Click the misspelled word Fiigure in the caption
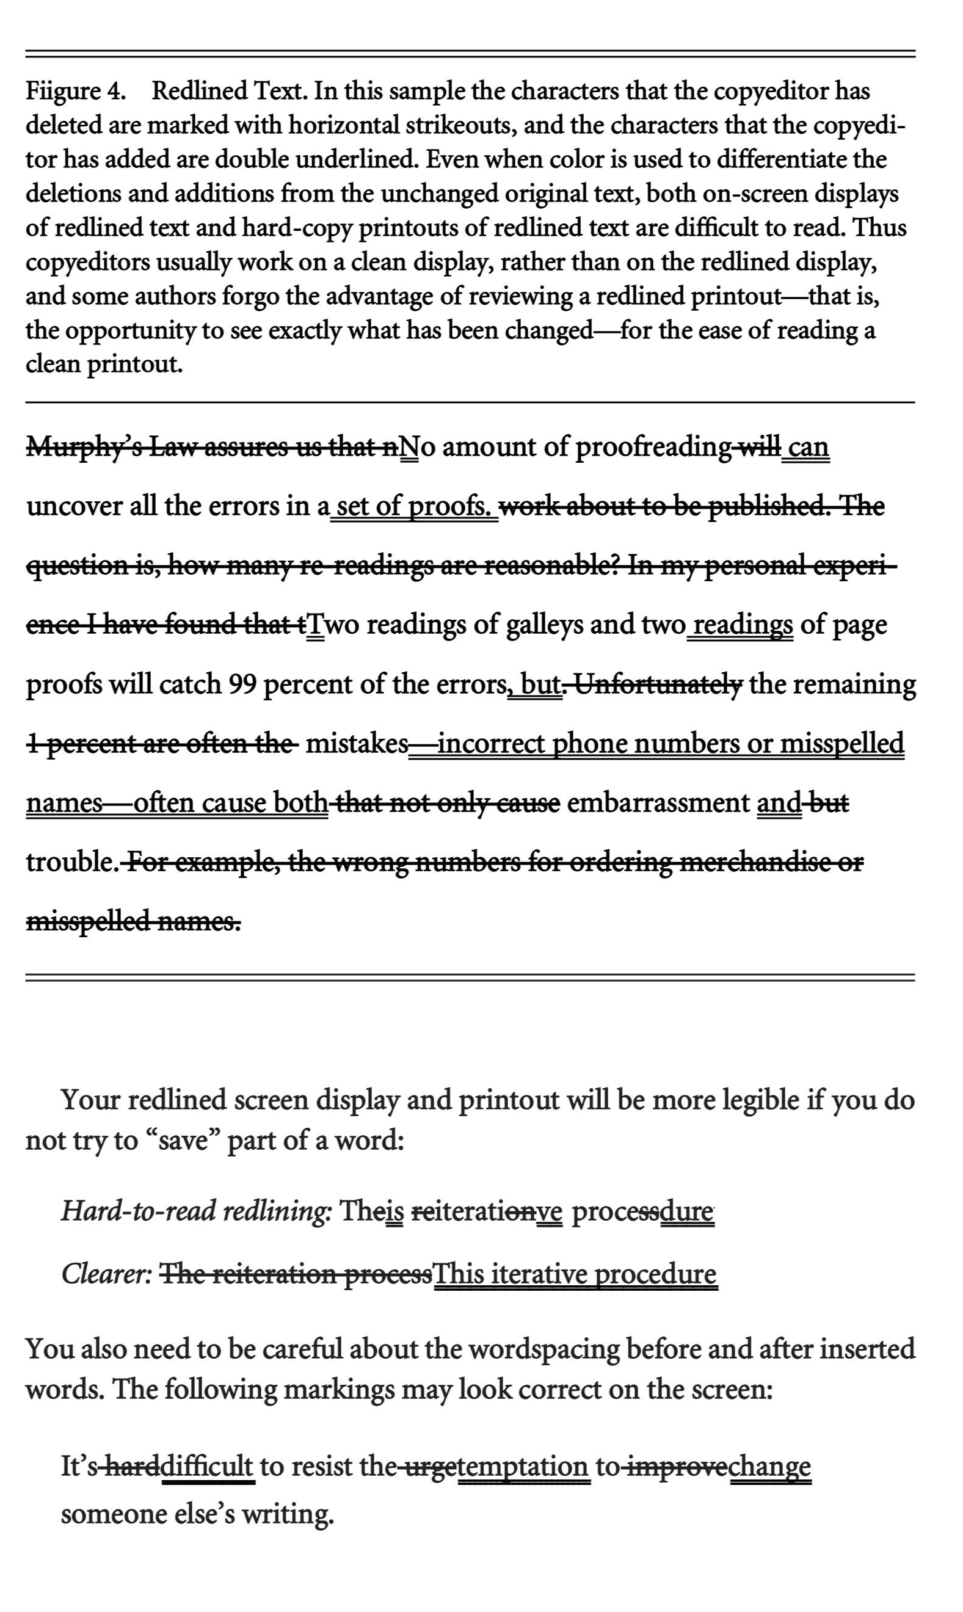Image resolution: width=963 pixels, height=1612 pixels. point(62,92)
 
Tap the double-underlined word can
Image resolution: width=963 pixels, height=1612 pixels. point(807,448)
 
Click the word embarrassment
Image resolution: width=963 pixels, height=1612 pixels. point(658,804)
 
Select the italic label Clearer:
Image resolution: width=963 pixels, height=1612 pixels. point(107,1275)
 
